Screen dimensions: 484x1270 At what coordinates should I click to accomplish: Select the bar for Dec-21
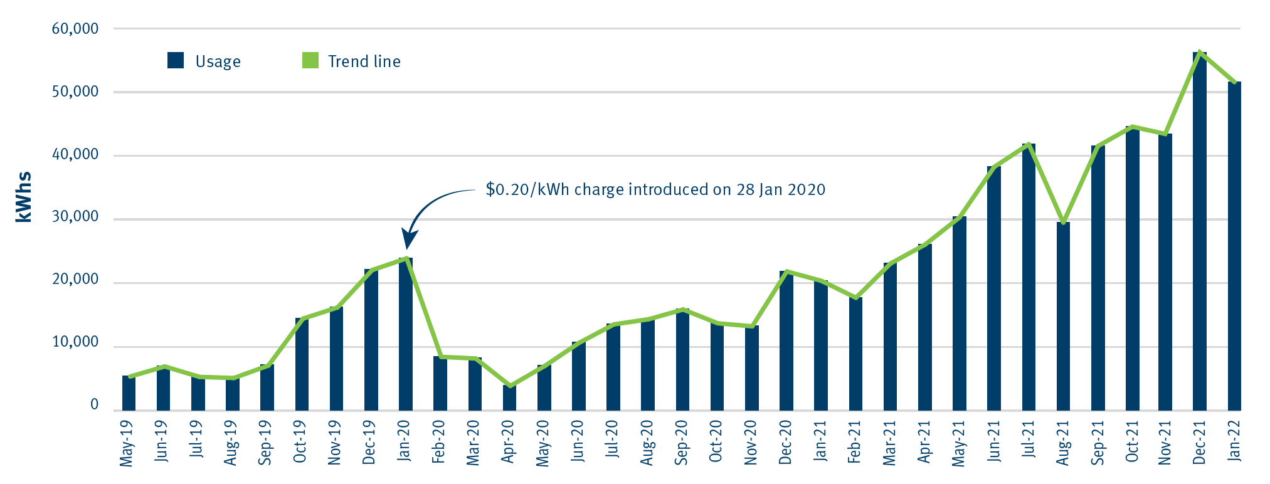tap(1199, 232)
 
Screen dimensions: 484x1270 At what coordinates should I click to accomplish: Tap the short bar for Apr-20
tap(509, 399)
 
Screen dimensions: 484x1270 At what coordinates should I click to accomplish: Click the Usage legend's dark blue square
tap(176, 61)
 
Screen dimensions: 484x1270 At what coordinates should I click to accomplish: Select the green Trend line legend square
tap(310, 61)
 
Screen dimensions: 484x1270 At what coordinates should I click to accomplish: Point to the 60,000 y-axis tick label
tap(75, 29)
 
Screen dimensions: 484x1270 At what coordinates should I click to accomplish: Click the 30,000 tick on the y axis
tap(75, 217)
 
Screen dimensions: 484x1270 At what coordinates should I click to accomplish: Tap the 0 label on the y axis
tap(95, 405)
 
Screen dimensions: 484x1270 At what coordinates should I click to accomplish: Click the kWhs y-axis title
tap(24, 197)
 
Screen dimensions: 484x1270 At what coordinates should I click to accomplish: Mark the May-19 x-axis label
tap(127, 444)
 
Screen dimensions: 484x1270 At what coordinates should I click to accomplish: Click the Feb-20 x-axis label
tap(439, 443)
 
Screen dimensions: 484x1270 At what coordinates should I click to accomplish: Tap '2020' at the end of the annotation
tap(807, 190)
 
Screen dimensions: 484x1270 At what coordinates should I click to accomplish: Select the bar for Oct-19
tap(302, 364)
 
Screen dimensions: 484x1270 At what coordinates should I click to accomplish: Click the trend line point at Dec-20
tap(786, 271)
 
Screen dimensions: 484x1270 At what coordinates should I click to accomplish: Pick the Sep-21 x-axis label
tap(1097, 443)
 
